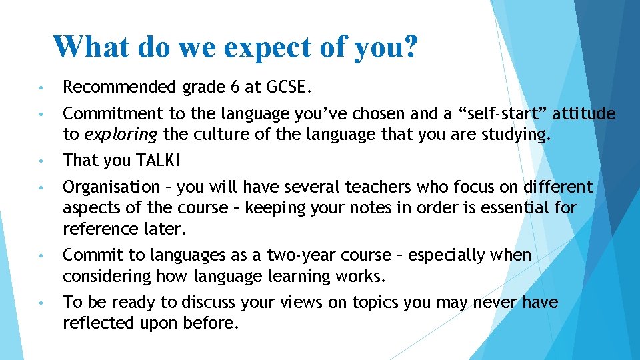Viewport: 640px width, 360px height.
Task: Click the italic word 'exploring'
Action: tap(121, 135)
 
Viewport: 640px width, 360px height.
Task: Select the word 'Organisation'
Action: tap(111, 187)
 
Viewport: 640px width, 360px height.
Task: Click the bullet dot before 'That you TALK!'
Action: tap(41, 161)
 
